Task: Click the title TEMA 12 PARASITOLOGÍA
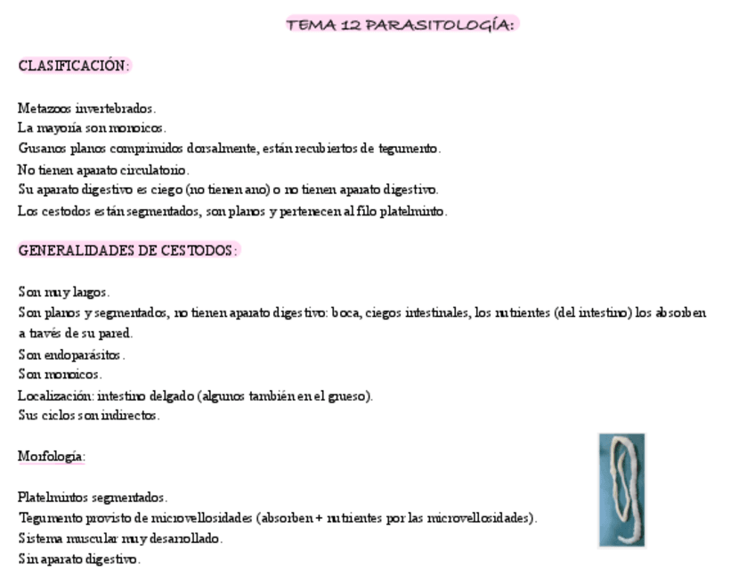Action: (x=401, y=25)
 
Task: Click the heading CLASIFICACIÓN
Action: (x=74, y=66)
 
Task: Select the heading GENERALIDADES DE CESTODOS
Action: (x=128, y=250)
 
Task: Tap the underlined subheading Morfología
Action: (x=51, y=457)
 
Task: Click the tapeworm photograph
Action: (x=621, y=489)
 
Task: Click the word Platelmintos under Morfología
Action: (x=51, y=497)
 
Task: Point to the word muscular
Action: (x=87, y=538)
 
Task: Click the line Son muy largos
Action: (x=63, y=292)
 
